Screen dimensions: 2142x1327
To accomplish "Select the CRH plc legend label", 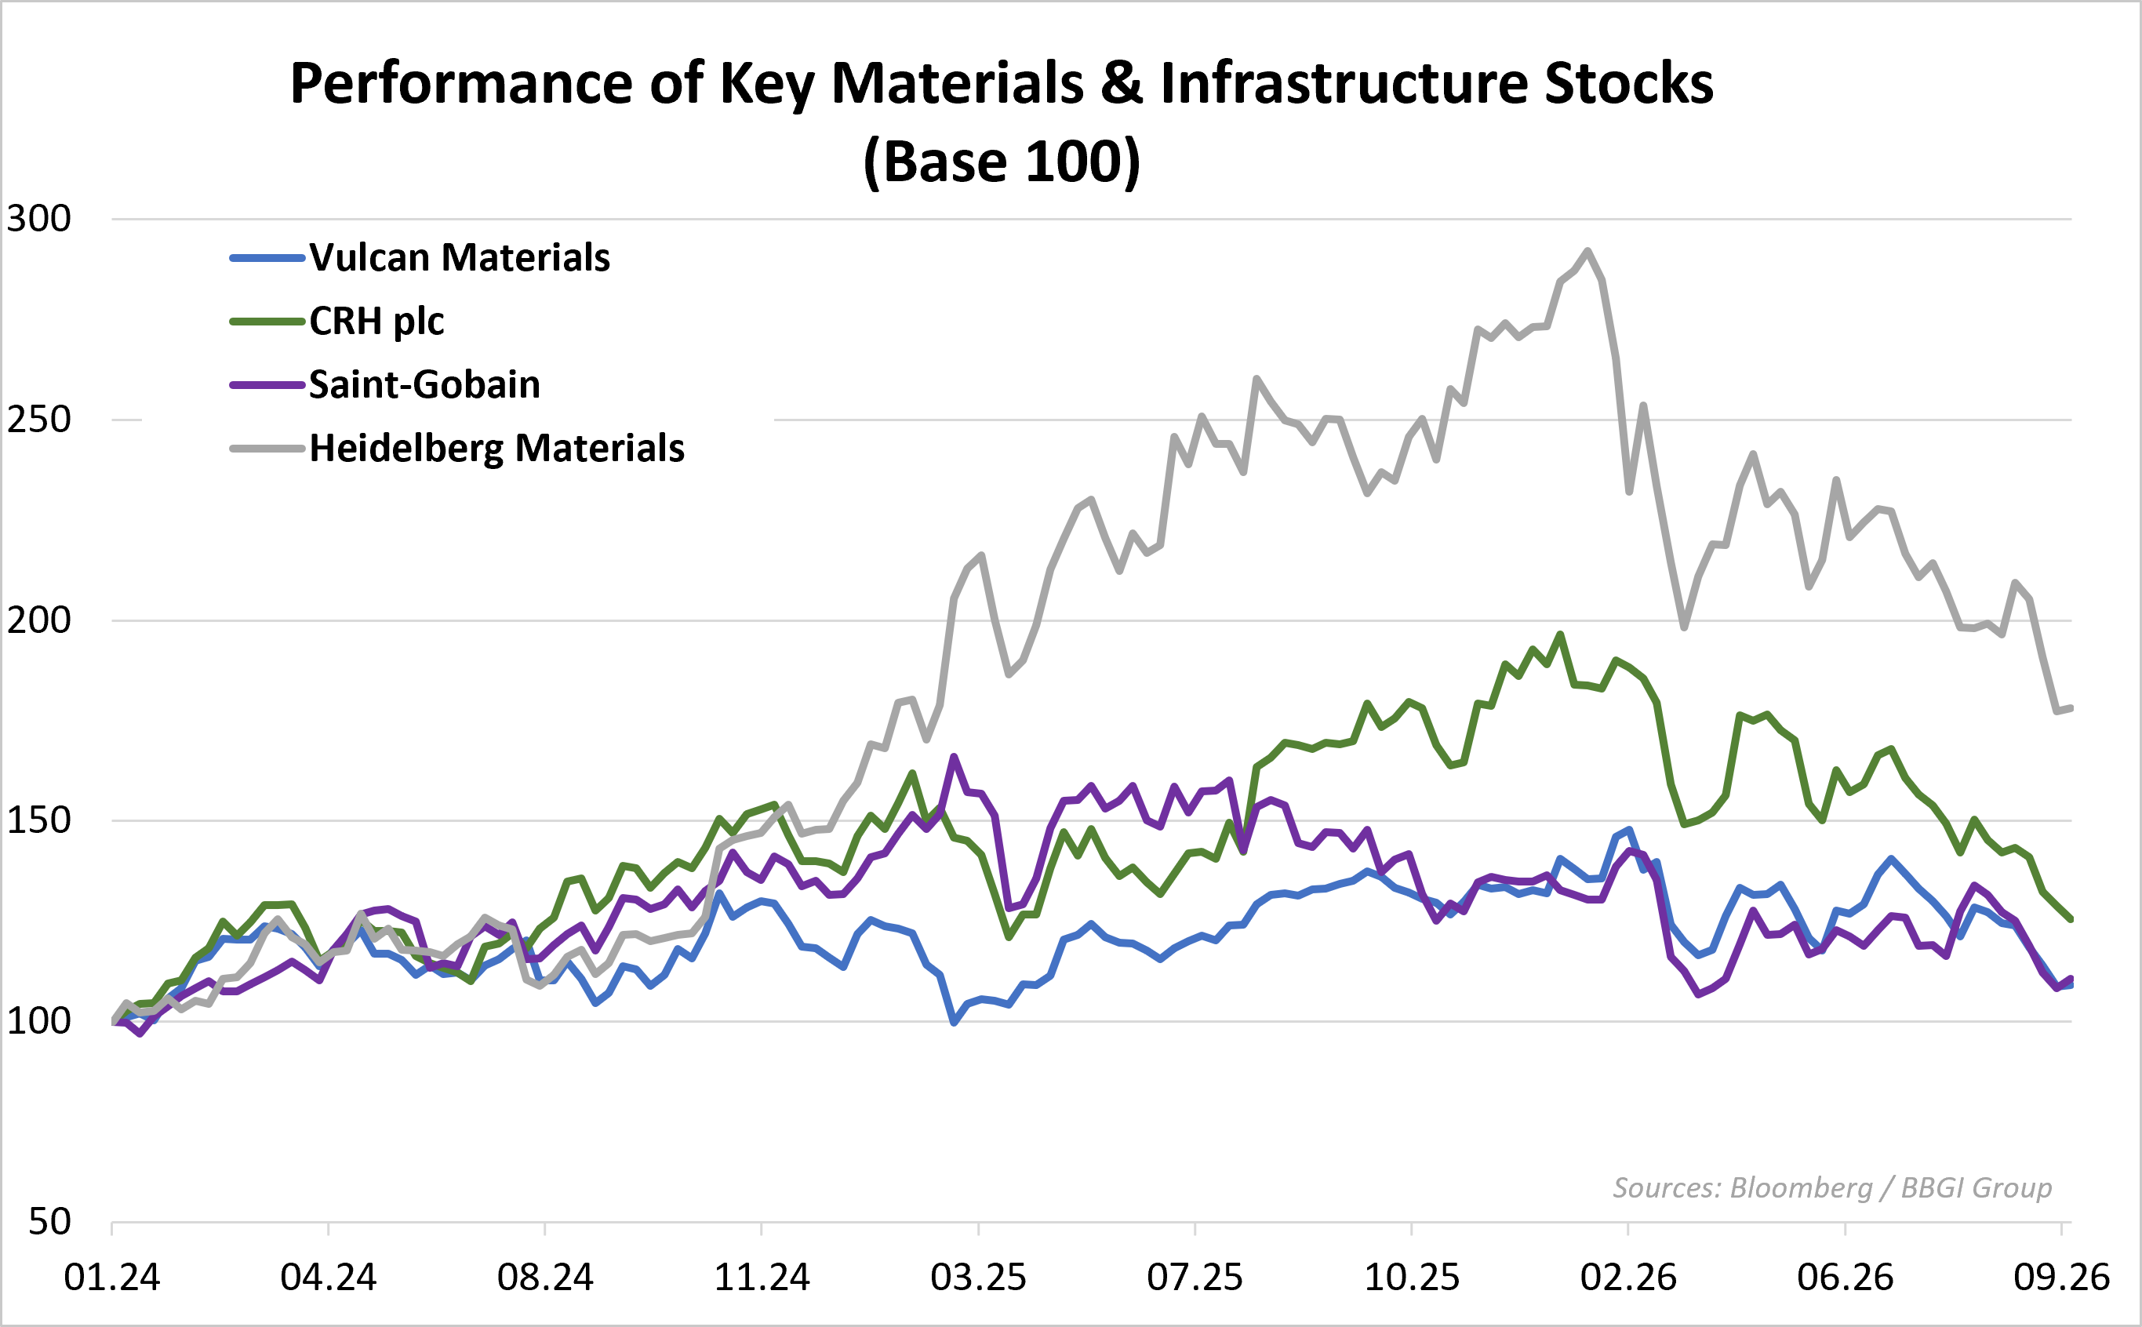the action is [376, 322].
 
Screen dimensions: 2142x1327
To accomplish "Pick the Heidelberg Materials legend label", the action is [496, 449].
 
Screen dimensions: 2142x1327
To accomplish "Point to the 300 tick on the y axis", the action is [38, 219].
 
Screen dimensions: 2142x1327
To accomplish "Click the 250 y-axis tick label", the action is [38, 420].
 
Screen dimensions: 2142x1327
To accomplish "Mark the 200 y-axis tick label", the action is [38, 620].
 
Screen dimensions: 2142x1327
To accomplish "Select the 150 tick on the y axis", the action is [38, 820].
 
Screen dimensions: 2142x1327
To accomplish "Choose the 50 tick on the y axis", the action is [49, 1222].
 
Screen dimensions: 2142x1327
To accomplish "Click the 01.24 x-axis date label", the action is [111, 1278].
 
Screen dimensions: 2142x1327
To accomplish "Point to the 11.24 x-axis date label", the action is [762, 1278].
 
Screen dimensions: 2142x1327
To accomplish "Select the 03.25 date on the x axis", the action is [978, 1278].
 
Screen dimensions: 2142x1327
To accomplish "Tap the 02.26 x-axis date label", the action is [1628, 1278].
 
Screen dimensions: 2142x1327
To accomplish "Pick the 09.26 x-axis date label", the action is [2062, 1278].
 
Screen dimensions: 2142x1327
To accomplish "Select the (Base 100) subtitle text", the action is [1002, 162].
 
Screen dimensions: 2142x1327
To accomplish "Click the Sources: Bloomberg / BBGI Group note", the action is [1832, 1188].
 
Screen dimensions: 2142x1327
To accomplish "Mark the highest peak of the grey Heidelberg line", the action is [1587, 251].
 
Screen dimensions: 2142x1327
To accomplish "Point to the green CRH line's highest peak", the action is [1560, 634].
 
